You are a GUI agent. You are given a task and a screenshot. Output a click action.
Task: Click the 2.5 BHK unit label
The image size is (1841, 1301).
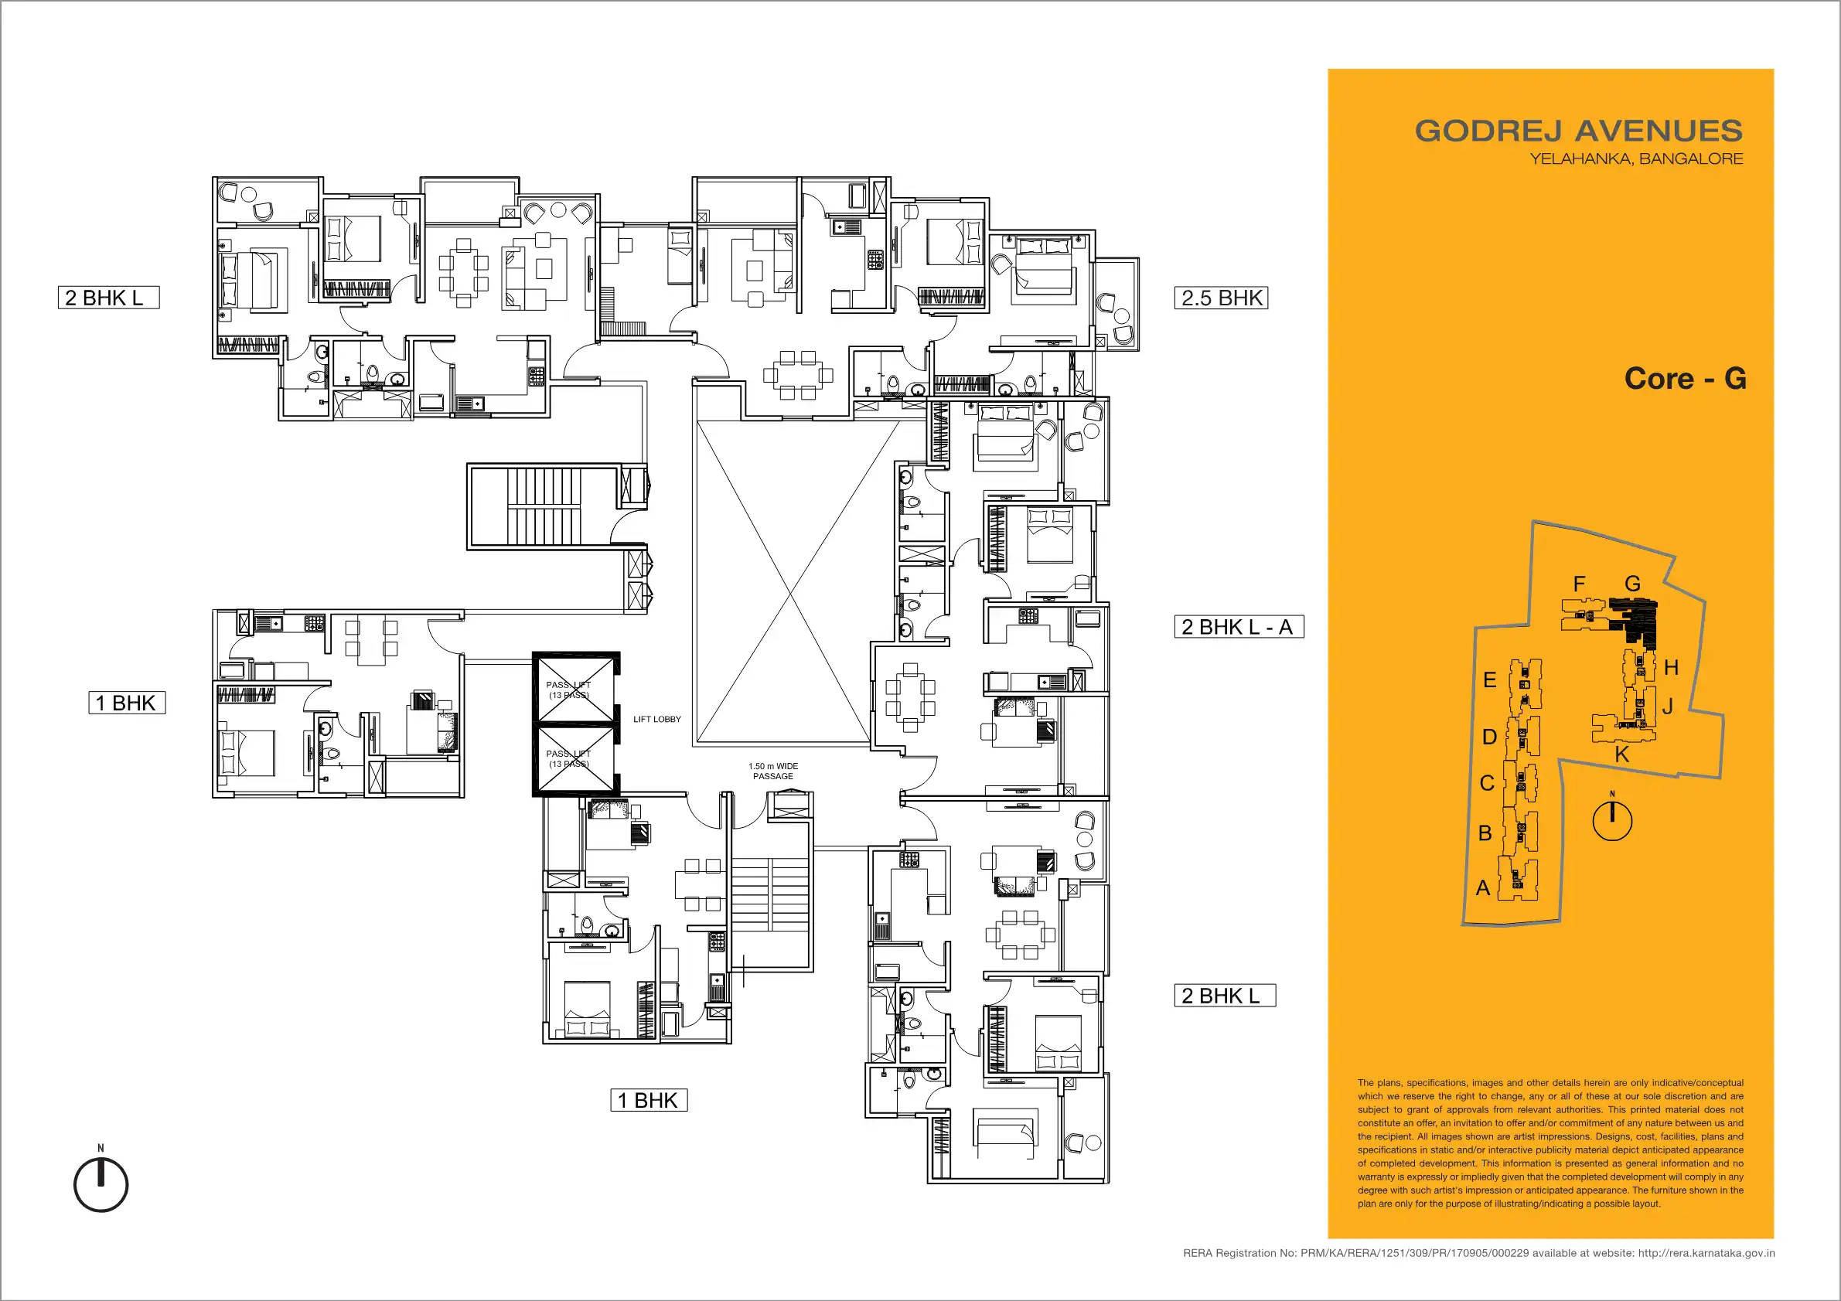(1220, 298)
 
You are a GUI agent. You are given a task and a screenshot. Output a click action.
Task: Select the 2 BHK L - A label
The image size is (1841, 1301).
(1239, 626)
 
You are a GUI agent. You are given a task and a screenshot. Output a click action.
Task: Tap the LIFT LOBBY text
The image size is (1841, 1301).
(656, 719)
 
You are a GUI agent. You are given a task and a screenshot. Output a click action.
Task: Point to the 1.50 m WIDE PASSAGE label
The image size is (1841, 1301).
(773, 771)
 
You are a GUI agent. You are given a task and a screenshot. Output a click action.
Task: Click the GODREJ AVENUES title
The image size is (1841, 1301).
(1578, 131)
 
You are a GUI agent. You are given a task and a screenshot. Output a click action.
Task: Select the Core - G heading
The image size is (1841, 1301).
(1685, 378)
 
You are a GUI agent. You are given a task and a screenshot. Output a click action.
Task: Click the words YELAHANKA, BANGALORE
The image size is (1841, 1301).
(1636, 158)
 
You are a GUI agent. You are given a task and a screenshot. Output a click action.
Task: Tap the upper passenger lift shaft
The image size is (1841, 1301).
(575, 690)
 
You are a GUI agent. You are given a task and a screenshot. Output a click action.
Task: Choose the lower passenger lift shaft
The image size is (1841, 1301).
(575, 760)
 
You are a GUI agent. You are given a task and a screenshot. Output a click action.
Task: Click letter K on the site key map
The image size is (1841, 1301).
(1621, 754)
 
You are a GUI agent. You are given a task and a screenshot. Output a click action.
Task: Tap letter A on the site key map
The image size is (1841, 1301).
(1482, 887)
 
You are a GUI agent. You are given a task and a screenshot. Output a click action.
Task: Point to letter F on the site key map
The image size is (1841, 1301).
(1579, 584)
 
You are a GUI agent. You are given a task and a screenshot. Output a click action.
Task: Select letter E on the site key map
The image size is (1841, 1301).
(1489, 679)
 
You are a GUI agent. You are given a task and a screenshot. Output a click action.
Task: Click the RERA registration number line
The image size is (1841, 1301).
(1478, 1253)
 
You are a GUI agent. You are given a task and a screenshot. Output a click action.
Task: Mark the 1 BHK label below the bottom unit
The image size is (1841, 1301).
(649, 1100)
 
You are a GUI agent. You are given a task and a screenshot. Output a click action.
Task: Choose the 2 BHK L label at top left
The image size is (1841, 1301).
(108, 298)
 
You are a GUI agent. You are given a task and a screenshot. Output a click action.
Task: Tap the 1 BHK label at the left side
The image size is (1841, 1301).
(127, 702)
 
